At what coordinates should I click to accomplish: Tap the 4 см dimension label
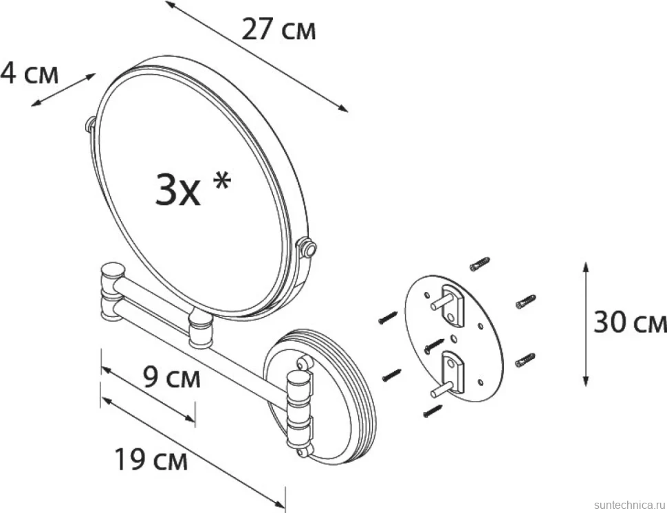click(x=29, y=73)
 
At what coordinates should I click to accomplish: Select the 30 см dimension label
click(x=630, y=322)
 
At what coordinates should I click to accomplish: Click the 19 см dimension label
click(x=151, y=459)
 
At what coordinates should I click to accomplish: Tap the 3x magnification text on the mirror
click(x=177, y=191)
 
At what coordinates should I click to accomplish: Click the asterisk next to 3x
click(x=221, y=182)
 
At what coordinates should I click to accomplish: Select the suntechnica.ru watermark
click(x=629, y=505)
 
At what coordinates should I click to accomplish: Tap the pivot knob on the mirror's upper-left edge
click(x=91, y=124)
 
